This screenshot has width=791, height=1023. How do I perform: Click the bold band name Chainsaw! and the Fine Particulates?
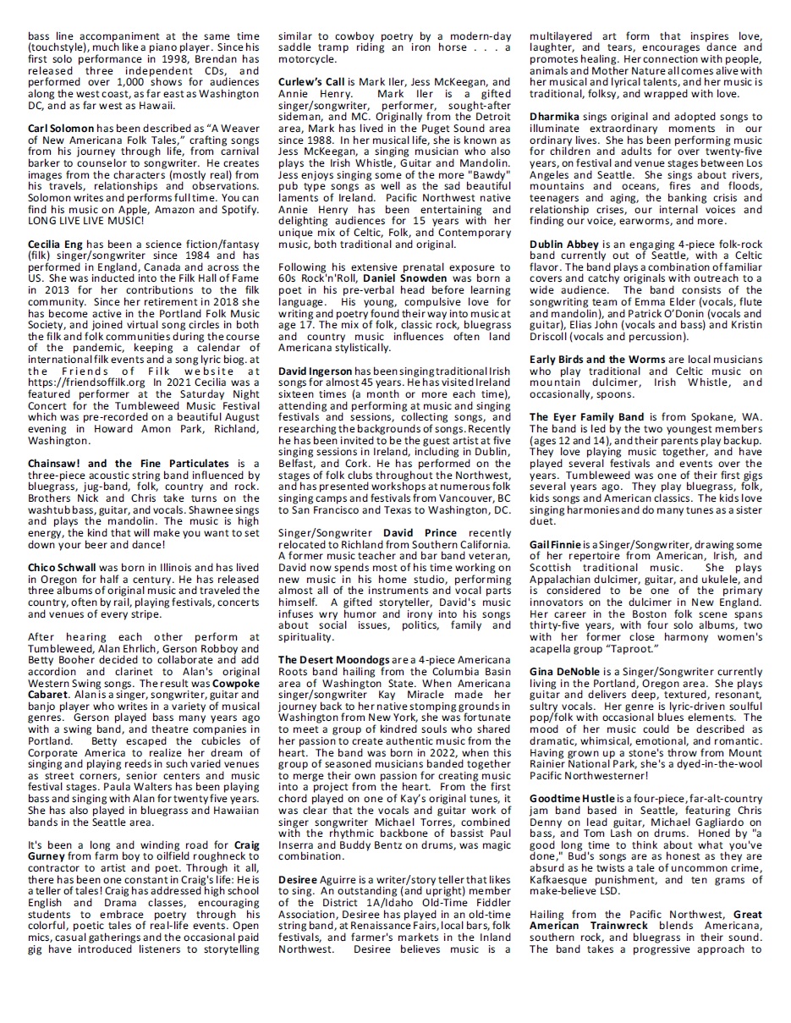pos(129,464)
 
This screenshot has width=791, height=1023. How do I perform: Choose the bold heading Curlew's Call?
pos(310,81)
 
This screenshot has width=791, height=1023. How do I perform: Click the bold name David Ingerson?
pos(316,371)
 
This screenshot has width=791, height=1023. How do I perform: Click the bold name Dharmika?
pos(555,117)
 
